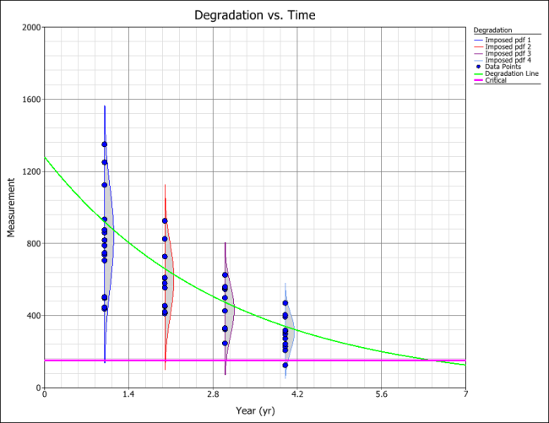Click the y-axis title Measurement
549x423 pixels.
pos(12,207)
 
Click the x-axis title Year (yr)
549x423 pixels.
pos(254,410)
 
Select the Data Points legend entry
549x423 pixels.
pos(508,67)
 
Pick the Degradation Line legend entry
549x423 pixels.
pos(512,73)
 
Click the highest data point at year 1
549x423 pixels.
pos(105,144)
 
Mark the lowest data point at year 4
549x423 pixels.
pos(285,365)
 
